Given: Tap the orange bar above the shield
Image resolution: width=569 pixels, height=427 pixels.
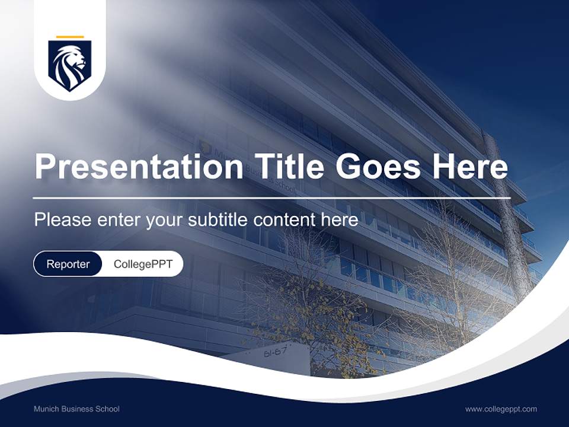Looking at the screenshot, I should (70, 37).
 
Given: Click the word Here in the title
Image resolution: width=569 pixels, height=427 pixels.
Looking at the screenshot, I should (470, 167).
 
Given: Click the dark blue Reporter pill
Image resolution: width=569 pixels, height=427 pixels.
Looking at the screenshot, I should (68, 264).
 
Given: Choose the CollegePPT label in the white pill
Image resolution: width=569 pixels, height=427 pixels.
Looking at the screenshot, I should (143, 264).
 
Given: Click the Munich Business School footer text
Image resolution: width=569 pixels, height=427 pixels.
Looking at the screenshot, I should (76, 409).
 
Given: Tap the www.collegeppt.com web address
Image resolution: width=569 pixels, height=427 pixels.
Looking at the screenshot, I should (501, 409).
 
